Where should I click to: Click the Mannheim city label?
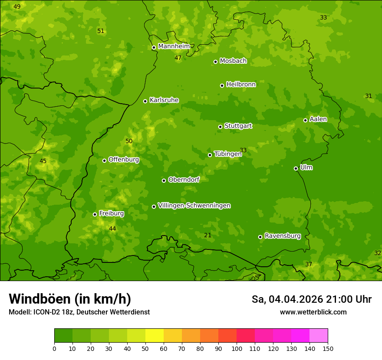tap(174, 46)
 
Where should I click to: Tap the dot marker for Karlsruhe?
tap(145, 101)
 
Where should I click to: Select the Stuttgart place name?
tap(238, 126)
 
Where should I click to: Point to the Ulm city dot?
tap(296, 168)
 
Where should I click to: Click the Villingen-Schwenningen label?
tap(194, 206)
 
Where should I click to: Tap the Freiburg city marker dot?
tap(95, 214)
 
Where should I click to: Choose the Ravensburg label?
tap(282, 236)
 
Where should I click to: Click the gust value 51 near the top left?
tap(101, 31)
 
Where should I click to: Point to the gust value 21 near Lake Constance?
tap(207, 235)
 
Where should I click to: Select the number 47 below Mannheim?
tap(178, 58)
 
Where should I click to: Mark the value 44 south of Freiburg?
tap(112, 229)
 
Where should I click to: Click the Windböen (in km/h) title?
tap(69, 299)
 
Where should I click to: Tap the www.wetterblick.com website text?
tap(313, 312)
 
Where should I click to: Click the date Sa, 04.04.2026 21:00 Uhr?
tap(311, 299)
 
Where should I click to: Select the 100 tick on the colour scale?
tap(237, 348)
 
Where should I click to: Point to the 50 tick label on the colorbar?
tap(145, 348)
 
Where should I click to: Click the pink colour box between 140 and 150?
tap(319, 336)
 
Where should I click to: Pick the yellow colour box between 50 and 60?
tap(155, 336)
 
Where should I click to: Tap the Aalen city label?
tap(318, 119)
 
